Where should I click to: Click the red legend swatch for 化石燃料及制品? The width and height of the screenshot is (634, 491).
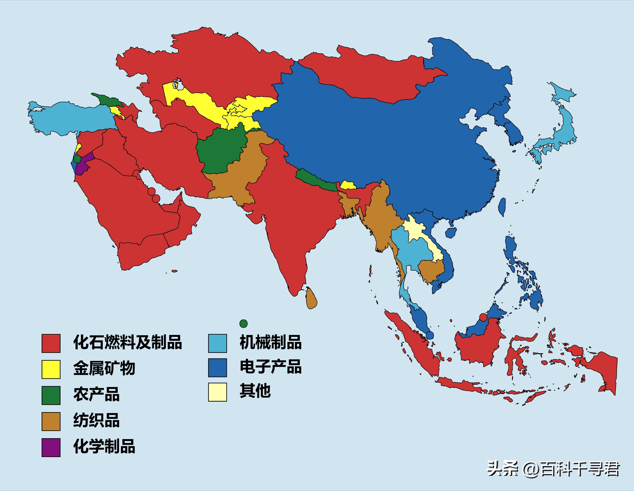click(x=51, y=343)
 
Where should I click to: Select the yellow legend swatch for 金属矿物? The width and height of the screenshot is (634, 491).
click(x=51, y=369)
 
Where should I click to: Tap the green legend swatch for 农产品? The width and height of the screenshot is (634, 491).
click(x=51, y=395)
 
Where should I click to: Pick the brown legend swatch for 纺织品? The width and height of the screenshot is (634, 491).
click(x=51, y=421)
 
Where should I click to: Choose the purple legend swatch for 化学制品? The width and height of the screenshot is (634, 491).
click(x=51, y=447)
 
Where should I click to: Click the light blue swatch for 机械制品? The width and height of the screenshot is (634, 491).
click(x=217, y=343)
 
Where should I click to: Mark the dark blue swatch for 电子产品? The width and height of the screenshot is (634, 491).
click(x=217, y=368)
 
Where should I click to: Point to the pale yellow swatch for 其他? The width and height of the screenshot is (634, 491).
click(x=217, y=392)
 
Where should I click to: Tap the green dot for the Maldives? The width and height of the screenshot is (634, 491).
click(x=243, y=323)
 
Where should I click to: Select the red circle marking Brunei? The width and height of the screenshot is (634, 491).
click(x=483, y=317)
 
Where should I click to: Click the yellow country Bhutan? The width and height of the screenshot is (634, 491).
click(x=348, y=185)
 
